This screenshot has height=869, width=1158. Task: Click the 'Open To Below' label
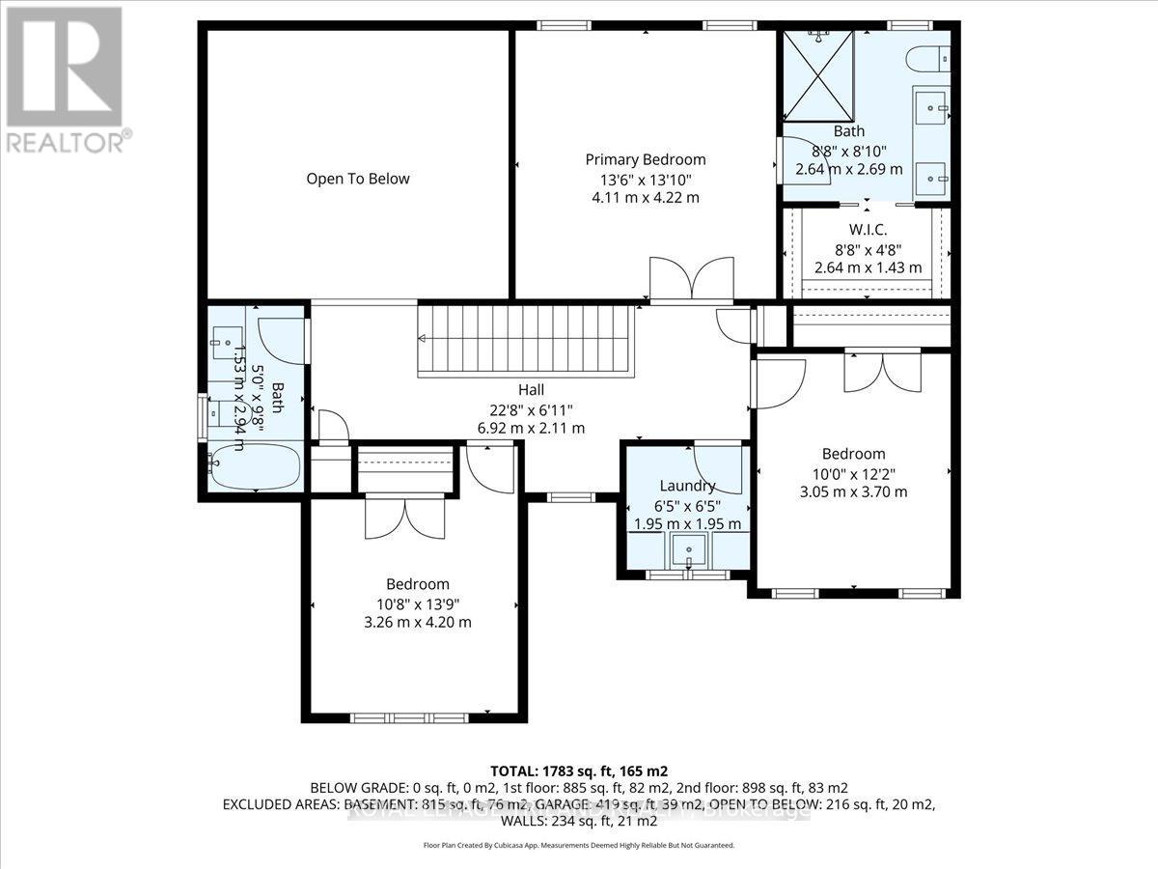pyautogui.click(x=358, y=179)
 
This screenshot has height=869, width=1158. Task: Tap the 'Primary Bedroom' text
pyautogui.click(x=646, y=159)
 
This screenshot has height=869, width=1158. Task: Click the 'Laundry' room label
pyautogui.click(x=687, y=486)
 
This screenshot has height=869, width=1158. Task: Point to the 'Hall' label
pyautogui.click(x=531, y=389)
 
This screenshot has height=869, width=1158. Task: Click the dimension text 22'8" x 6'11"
pyautogui.click(x=531, y=408)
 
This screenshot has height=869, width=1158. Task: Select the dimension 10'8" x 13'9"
pyautogui.click(x=418, y=603)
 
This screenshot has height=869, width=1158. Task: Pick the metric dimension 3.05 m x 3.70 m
pyautogui.click(x=853, y=491)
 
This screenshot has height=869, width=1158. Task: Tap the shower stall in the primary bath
pyautogui.click(x=818, y=74)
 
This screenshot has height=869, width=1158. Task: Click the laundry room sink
pyautogui.click(x=689, y=551)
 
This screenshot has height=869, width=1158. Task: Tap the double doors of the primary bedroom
pyautogui.click(x=690, y=278)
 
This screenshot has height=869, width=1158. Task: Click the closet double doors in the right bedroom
pyautogui.click(x=882, y=372)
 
